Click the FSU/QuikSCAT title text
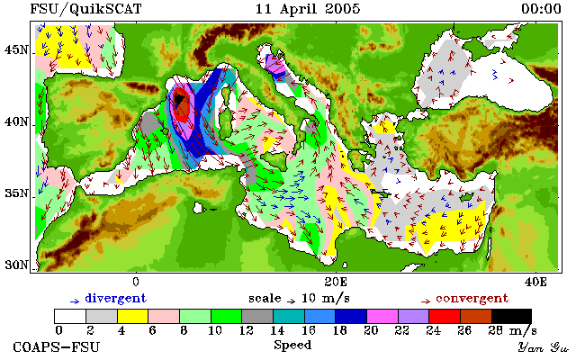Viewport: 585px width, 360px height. [x=85, y=9]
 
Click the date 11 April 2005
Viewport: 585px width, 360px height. [x=308, y=9]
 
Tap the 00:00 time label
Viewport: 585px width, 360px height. [x=541, y=9]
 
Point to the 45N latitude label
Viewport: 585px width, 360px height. [x=16, y=49]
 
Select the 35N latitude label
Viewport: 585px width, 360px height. [x=16, y=193]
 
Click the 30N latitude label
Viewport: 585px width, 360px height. [x=16, y=265]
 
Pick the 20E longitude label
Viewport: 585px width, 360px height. [x=336, y=282]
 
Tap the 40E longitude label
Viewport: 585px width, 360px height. [x=535, y=282]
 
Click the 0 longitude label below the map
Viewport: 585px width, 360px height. [x=136, y=282]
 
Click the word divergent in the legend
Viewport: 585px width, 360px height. [x=116, y=299]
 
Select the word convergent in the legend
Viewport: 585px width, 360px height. [x=472, y=299]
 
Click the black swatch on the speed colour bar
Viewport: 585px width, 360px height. [x=511, y=317]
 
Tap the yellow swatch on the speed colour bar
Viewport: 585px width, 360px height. [x=133, y=317]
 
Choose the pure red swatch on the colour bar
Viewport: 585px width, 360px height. [x=445, y=317]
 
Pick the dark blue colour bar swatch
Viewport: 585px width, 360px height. [x=351, y=317]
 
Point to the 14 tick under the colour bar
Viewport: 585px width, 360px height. [x=277, y=330]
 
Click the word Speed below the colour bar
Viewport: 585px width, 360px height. [x=292, y=345]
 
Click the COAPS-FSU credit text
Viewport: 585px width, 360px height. [x=57, y=346]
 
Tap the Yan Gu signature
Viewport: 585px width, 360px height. [x=544, y=347]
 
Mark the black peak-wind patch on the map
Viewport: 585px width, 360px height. [x=179, y=100]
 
